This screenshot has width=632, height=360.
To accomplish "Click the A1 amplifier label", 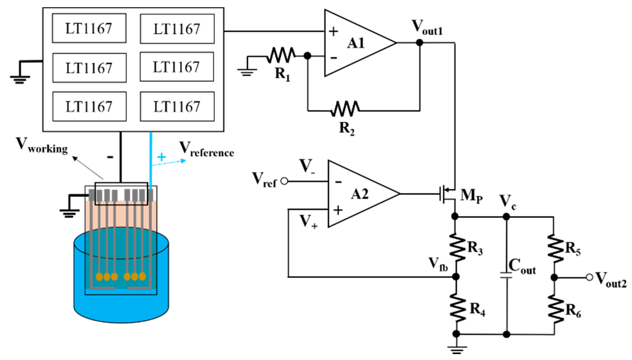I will [x=356, y=43].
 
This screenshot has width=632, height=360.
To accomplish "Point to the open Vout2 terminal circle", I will [x=589, y=277].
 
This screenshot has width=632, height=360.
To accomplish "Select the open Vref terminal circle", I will [x=284, y=181].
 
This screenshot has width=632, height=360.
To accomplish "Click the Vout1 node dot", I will [x=419, y=42].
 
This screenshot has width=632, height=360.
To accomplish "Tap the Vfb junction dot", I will [x=456, y=277].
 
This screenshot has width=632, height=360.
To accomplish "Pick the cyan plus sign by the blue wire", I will [x=161, y=157].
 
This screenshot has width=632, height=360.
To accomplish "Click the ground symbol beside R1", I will [x=247, y=72].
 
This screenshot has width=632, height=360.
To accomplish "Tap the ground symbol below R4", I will [x=457, y=349].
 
